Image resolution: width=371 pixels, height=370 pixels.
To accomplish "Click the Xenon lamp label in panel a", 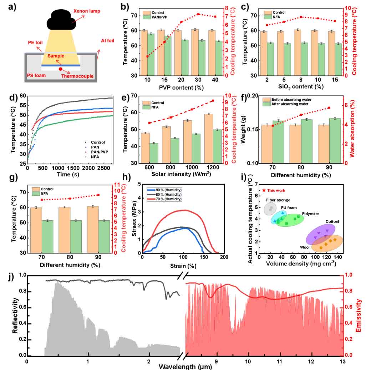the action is (87, 11).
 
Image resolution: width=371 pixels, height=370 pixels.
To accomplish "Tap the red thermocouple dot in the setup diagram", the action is (61, 69).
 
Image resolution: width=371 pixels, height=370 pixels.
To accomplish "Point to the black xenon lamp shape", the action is (61, 20).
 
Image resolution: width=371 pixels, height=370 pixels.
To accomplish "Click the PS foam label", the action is (36, 75).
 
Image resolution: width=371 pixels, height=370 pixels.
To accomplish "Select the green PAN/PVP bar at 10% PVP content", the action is (151, 55).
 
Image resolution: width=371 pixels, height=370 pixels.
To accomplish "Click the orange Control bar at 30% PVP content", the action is (195, 52).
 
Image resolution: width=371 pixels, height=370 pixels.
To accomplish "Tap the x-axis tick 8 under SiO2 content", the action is (301, 80).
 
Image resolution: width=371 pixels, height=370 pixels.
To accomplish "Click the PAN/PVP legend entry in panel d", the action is (97, 152).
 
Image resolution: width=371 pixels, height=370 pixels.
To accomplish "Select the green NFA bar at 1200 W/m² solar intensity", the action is (217, 146).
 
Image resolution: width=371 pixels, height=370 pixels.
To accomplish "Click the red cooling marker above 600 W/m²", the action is (149, 123).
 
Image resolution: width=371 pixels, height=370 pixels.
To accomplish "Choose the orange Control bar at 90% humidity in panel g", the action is (93, 230).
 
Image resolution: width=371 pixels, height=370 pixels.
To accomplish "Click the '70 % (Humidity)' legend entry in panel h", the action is (164, 199).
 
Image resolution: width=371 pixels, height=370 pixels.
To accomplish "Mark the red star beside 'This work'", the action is (264, 190).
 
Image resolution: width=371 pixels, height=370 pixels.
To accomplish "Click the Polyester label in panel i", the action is (310, 214).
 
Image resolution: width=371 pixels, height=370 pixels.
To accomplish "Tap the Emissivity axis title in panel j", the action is (359, 315).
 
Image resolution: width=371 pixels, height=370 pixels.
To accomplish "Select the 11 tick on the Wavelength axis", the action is (279, 361).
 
